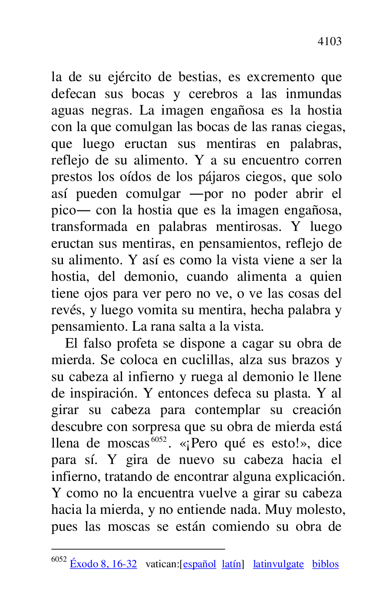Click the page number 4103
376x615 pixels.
pos(330,42)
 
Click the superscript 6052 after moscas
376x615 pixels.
pos(158,440)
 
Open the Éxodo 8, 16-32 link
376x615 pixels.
pos(103,564)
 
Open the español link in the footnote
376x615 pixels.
pos(199,564)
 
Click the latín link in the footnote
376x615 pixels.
pos(231,564)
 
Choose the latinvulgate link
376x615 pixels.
pos(278,564)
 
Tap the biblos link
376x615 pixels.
pos(325,564)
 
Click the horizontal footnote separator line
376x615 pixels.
pos(138,549)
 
